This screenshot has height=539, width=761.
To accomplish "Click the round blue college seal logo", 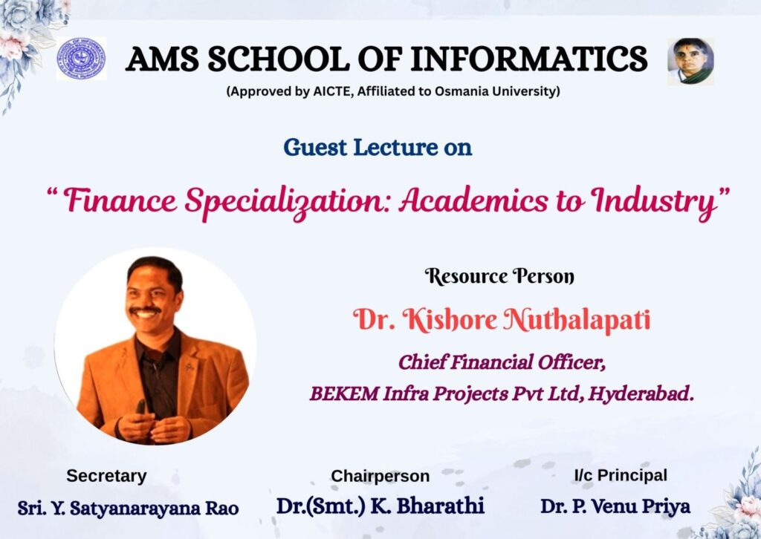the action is (x=81, y=59).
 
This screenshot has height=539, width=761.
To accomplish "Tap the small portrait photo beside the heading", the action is (x=690, y=61).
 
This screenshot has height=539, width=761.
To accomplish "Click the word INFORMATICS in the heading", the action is (x=529, y=59).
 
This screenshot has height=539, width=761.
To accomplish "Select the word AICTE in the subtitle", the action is (x=333, y=91).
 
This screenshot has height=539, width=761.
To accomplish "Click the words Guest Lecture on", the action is (x=378, y=147).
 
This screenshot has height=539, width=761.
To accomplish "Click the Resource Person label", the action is (x=500, y=276).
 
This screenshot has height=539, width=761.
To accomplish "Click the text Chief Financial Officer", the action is (x=502, y=362).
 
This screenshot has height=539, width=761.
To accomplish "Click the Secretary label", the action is (x=106, y=476).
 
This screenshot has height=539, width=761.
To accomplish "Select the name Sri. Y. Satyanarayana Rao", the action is (x=128, y=508).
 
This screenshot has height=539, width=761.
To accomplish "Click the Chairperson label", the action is (x=380, y=476).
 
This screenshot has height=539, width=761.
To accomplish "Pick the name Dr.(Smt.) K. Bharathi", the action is (x=380, y=506).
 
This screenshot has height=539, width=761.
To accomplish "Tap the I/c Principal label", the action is (x=621, y=475).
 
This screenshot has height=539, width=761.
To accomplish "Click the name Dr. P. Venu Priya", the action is (x=615, y=506).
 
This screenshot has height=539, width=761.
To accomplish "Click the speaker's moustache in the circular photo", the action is (x=146, y=310).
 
